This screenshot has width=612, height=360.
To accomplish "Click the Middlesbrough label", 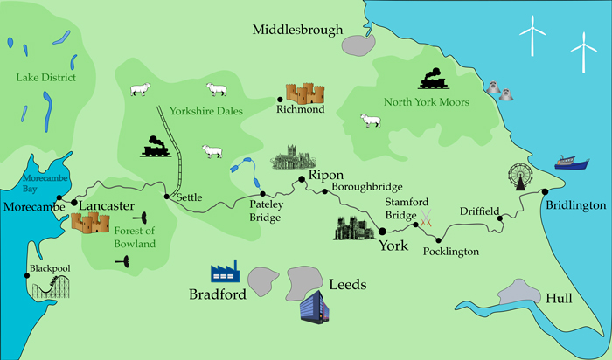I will pyautogui.click(x=297, y=30).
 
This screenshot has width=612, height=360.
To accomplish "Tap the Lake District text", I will pyautogui.click(x=45, y=78).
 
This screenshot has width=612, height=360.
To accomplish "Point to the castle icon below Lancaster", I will pyautogui.click(x=89, y=224).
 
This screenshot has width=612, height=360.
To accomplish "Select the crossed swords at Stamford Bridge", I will pyautogui.click(x=427, y=220).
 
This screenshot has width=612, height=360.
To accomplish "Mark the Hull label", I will pyautogui.click(x=558, y=299).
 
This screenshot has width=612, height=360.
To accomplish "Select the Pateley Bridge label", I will pyautogui.click(x=265, y=210).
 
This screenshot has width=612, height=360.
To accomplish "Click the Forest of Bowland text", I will pyautogui.click(x=135, y=237).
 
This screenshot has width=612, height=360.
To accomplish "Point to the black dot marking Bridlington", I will pyautogui.click(x=544, y=191).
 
